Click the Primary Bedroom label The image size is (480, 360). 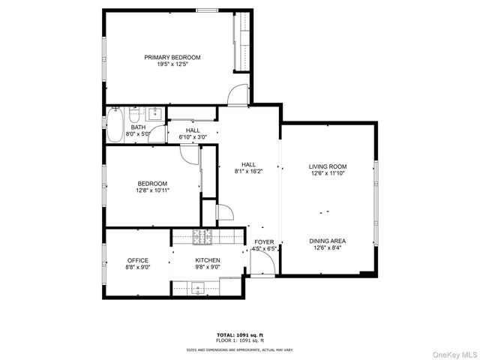point(172,58)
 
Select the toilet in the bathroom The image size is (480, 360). point(134,115)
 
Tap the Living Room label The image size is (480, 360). point(328,166)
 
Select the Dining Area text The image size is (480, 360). point(328,241)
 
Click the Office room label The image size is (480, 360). point(137,260)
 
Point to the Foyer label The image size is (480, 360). point(264,242)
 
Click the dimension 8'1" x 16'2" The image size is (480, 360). point(248,172)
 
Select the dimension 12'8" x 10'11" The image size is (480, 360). point(152,190)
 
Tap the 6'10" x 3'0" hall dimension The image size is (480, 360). point(193,137)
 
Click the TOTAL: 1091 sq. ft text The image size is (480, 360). point(240,334)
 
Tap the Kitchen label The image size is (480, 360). point(208,260)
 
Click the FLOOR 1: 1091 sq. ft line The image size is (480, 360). point(240,340)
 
